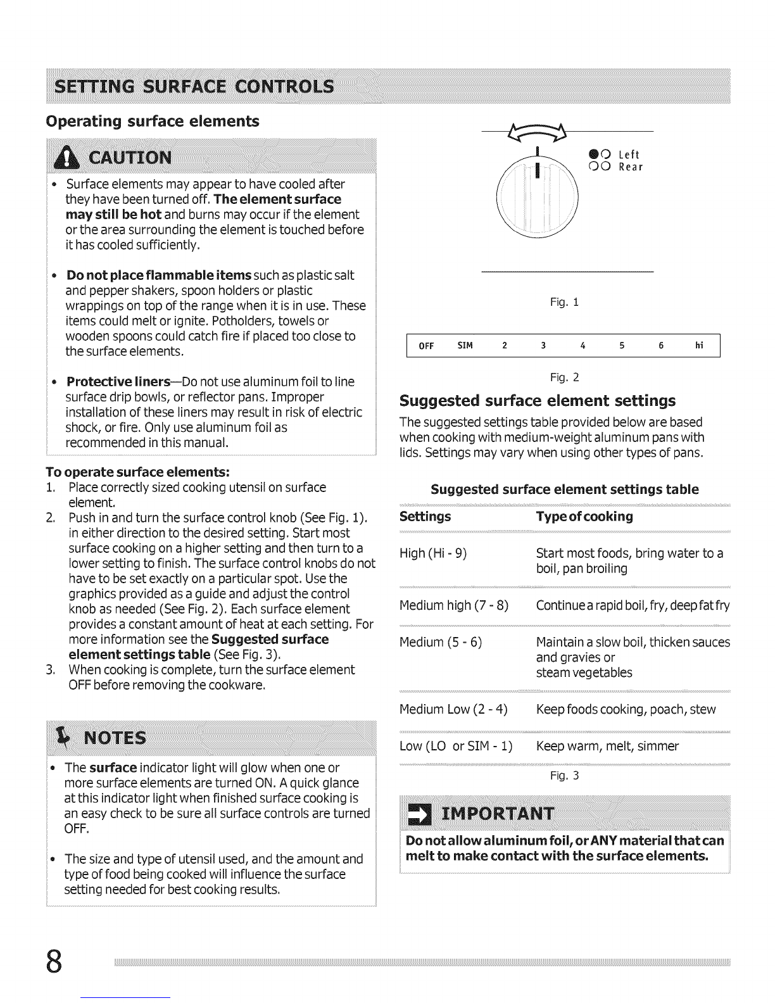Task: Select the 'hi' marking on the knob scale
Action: tap(699, 346)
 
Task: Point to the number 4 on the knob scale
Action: tap(582, 346)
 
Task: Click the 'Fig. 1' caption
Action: tap(564, 303)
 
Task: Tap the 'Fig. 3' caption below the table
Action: tap(564, 776)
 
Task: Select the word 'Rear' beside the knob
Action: tap(630, 167)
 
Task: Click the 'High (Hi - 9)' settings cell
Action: tap(433, 554)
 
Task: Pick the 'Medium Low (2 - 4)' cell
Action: tap(453, 709)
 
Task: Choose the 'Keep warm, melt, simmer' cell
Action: tap(607, 746)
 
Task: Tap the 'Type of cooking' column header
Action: tap(584, 517)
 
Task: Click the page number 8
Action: tap(55, 962)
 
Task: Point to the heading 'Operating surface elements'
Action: tap(153, 121)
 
